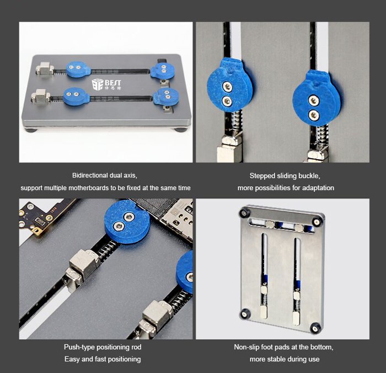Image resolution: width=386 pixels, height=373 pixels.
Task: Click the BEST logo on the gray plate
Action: pyautogui.click(x=106, y=85)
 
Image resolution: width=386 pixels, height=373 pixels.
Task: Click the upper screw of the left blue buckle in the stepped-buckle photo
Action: pyautogui.click(x=227, y=87)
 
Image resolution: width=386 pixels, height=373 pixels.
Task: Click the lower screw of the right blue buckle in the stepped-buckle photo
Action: pyautogui.click(x=313, y=114)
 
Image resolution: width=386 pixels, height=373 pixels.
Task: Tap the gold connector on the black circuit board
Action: pyautogui.click(x=37, y=231)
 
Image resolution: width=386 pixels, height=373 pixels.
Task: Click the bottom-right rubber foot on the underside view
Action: pyautogui.click(x=315, y=328)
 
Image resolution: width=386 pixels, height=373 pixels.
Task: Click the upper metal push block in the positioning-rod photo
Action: pyautogui.click(x=83, y=266)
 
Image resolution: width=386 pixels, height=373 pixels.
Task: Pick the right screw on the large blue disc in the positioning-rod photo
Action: pyautogui.click(x=128, y=217)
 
